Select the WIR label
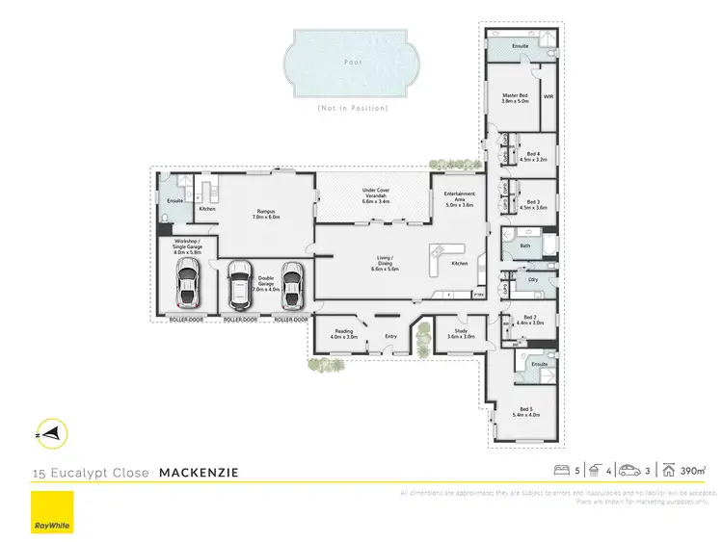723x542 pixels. [x=548, y=97]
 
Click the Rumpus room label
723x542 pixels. [x=267, y=214]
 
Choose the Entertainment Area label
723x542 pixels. [x=458, y=198]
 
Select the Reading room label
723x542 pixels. [x=344, y=334]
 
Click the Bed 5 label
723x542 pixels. [x=525, y=411]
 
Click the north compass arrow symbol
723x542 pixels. [x=52, y=434]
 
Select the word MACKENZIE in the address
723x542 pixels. [x=199, y=473]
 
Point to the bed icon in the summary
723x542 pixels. [x=561, y=471]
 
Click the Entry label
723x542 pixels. [x=390, y=336]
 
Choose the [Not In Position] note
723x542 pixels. [x=352, y=108]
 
